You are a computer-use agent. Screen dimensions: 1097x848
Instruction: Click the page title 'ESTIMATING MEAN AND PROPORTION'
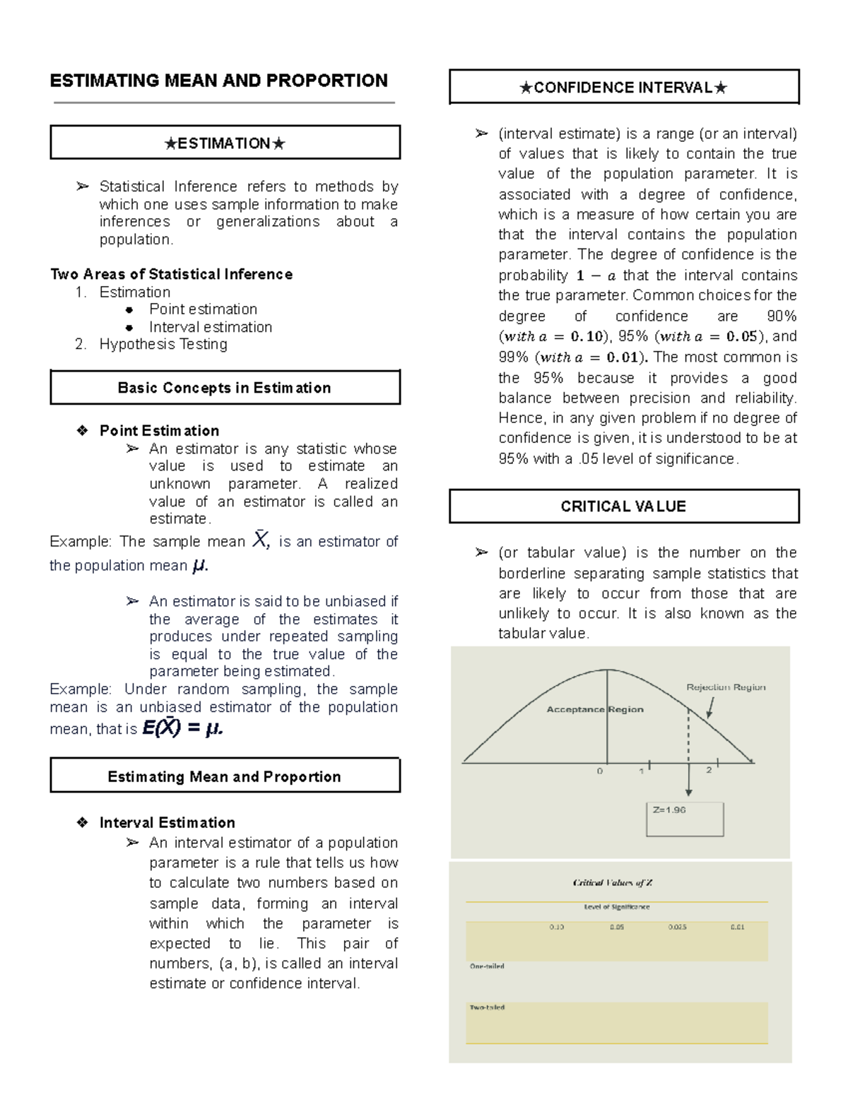coord(218,81)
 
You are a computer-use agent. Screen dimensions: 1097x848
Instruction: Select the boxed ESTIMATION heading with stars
coord(225,143)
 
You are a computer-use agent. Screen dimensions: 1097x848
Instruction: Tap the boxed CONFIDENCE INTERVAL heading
coord(623,88)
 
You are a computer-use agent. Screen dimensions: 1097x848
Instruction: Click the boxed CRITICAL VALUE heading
coord(623,506)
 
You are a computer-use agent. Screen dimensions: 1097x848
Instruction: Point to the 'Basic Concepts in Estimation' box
coord(225,388)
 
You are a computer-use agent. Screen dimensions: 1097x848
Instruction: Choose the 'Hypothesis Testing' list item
coord(163,344)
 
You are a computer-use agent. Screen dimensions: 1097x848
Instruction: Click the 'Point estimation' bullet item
coord(203,309)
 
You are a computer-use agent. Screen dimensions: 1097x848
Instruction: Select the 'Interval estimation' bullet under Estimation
coord(210,327)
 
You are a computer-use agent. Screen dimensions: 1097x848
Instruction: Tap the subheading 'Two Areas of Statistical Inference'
coord(171,274)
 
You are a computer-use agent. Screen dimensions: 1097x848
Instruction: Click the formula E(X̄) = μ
coord(182,728)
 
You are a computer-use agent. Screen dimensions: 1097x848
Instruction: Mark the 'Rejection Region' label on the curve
coord(726,687)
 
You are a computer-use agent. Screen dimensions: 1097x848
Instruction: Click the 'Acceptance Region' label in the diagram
coord(594,709)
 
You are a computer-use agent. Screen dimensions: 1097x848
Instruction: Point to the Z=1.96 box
coord(685,819)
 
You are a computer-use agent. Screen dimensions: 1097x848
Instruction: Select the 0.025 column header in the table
coord(677,927)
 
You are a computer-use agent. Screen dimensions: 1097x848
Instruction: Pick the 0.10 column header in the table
coord(557,927)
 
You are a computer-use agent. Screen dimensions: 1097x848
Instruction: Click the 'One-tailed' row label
coord(487,966)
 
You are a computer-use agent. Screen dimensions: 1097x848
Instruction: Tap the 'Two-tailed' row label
coord(487,1007)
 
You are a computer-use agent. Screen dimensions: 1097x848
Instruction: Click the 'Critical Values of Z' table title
coord(612,882)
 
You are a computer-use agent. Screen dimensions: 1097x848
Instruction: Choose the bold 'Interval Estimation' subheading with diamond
coord(167,822)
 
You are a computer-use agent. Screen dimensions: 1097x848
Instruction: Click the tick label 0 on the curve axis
coord(600,771)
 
